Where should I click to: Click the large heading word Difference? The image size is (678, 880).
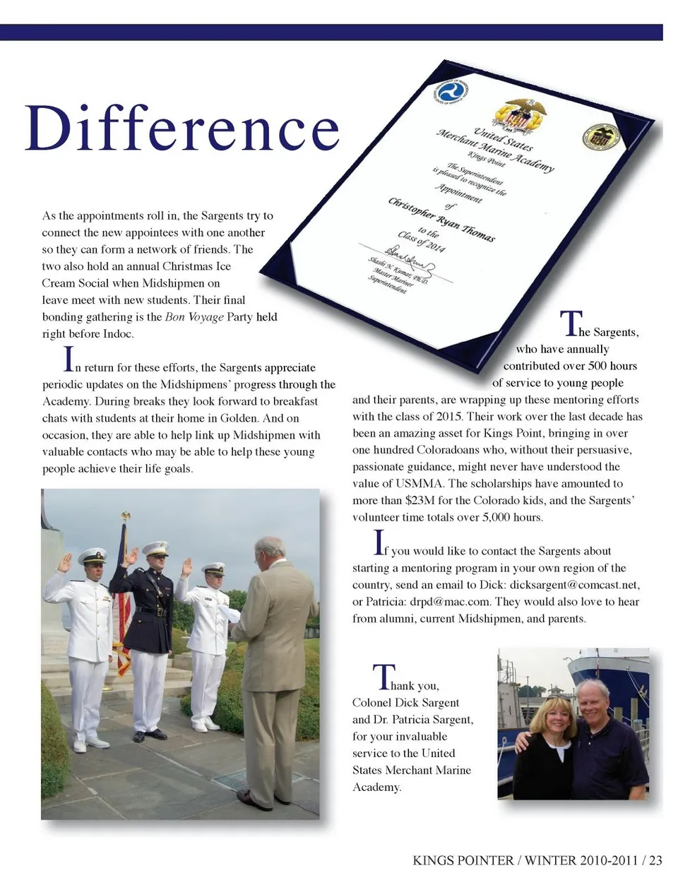[x=182, y=129]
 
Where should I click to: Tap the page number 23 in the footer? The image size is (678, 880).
[x=655, y=860]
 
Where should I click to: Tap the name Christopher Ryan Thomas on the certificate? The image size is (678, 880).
[x=441, y=220]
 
